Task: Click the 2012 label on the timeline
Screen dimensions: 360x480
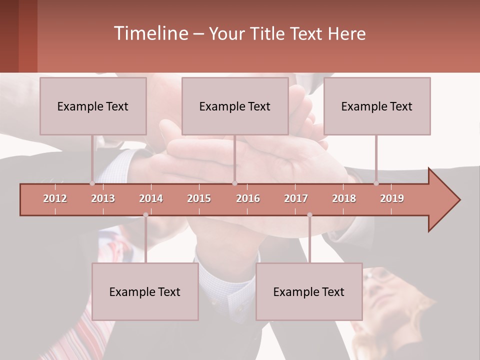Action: [x=55, y=198]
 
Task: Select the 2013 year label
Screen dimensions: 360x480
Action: [x=103, y=198]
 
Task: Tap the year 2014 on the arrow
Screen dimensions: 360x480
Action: [x=151, y=198]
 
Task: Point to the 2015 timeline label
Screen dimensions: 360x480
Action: [x=199, y=198]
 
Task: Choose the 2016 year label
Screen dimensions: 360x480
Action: [x=248, y=198]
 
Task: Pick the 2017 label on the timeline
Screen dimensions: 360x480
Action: [x=296, y=198]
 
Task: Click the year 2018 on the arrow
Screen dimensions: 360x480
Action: [x=344, y=198]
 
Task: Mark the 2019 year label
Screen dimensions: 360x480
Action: [x=392, y=198]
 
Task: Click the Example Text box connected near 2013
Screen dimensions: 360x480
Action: [x=93, y=106]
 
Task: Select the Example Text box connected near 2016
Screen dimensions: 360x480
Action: [x=235, y=106]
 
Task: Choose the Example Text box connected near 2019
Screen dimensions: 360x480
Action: [x=377, y=106]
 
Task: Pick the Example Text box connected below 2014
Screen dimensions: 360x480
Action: [x=145, y=291]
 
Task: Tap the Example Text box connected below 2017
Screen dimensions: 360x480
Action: [x=309, y=291]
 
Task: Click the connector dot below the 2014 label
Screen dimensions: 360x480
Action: [x=145, y=215]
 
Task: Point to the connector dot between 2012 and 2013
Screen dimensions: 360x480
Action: [x=92, y=183]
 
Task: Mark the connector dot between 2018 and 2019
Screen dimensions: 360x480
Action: [x=376, y=183]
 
